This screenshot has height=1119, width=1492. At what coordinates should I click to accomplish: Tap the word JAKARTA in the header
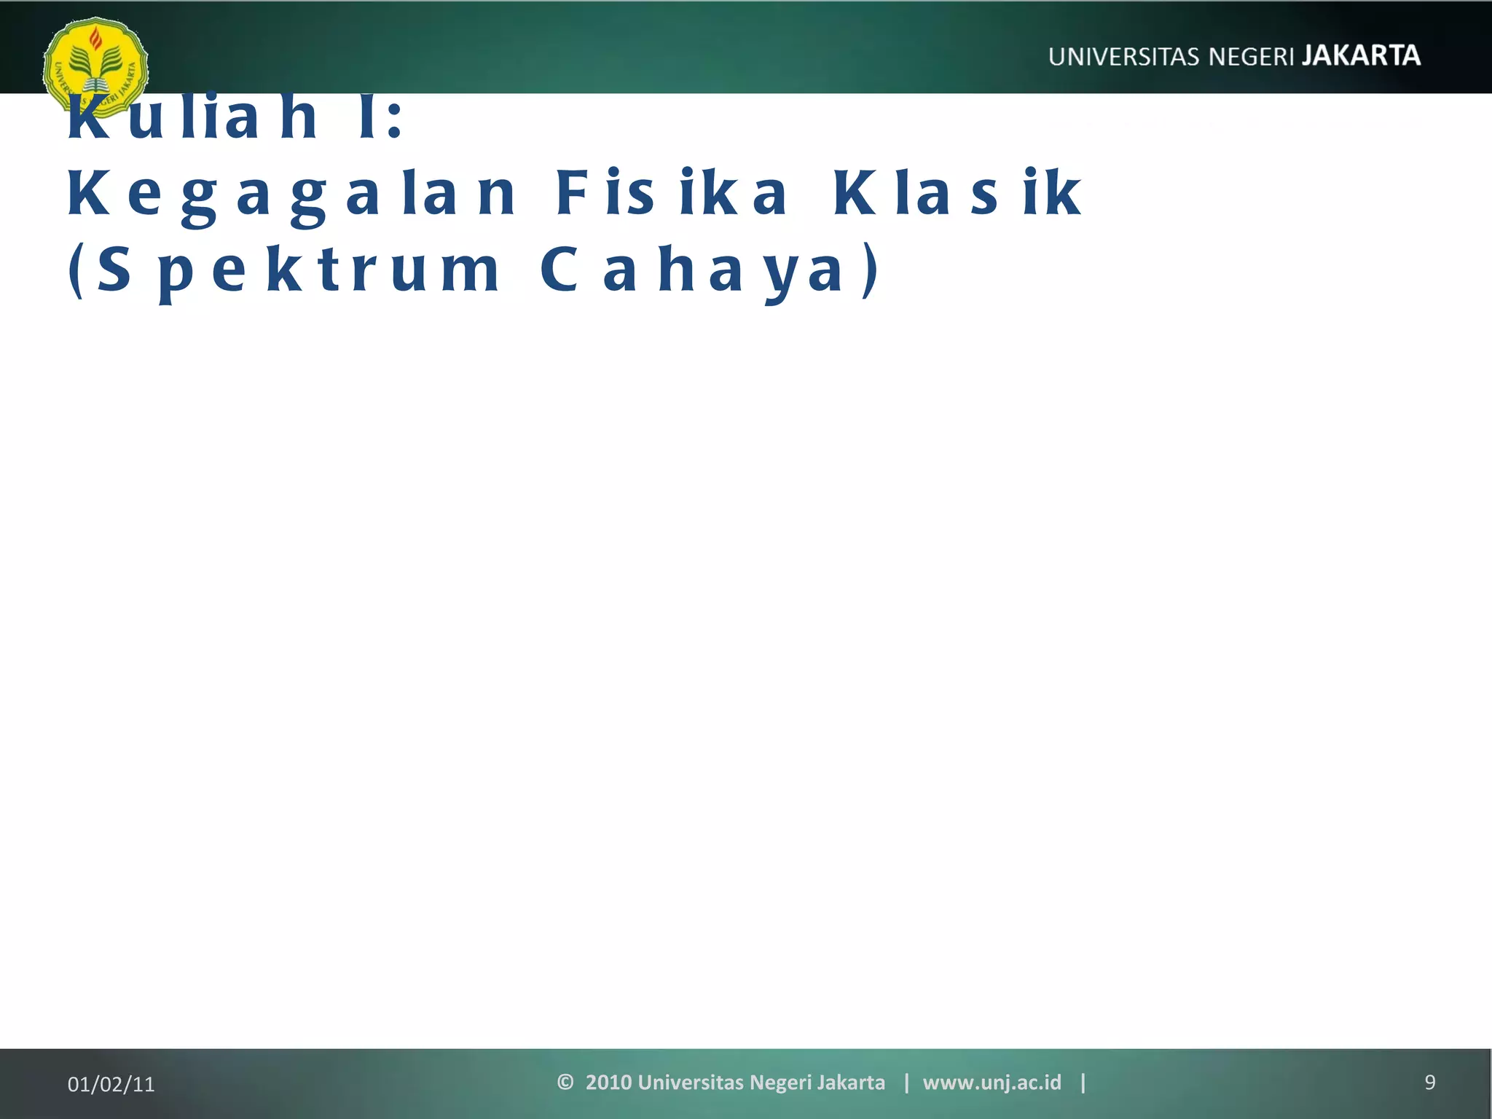click(1361, 56)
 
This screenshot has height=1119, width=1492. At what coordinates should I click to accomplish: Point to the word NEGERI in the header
click(1252, 57)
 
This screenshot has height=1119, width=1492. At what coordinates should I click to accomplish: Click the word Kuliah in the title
click(193, 118)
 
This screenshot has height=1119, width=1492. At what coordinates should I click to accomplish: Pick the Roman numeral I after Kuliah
click(368, 118)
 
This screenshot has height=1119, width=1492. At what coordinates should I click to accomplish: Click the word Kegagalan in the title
click(291, 194)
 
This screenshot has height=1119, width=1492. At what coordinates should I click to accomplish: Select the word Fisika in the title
click(671, 194)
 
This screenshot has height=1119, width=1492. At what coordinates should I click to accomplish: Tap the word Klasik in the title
click(957, 194)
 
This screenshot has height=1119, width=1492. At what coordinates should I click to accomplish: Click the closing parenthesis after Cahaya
click(870, 271)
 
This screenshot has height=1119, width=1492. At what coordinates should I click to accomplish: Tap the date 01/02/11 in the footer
click(111, 1084)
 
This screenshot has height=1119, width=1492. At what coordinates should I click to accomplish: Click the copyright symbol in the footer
click(565, 1082)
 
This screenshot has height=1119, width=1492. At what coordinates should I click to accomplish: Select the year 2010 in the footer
click(608, 1083)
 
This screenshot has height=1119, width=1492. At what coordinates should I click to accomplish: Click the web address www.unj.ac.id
click(992, 1083)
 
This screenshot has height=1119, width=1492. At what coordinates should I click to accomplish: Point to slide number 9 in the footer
click(1429, 1083)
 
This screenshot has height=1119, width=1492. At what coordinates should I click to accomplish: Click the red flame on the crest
click(95, 38)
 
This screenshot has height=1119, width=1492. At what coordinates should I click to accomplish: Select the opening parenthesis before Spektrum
click(75, 271)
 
